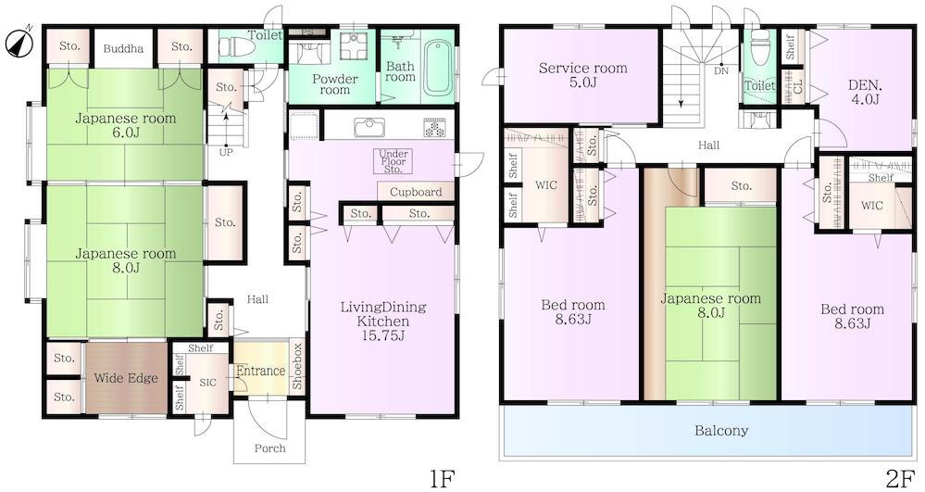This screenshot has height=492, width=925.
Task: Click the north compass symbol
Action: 19,43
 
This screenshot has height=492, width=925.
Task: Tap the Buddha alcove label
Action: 123,48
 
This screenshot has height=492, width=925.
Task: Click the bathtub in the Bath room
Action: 439,67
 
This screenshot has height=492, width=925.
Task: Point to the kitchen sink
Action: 369,127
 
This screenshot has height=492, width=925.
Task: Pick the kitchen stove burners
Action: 436,128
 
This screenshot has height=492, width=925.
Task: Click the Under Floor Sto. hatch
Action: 394,161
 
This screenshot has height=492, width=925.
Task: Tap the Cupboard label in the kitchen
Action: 416,192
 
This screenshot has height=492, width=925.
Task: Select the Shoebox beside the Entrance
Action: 297,366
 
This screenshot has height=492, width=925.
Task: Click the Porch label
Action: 269,448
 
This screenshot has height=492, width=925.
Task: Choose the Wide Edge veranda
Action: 126,377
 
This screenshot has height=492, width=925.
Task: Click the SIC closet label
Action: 207,383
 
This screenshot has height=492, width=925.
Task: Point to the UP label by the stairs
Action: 226,152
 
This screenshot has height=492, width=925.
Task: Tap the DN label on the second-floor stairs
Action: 721,70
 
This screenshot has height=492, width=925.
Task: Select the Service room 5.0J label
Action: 582,74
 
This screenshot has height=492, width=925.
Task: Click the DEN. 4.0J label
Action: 864,92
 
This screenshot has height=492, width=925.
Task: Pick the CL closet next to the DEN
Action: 798,87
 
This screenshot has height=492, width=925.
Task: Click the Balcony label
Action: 721,430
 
